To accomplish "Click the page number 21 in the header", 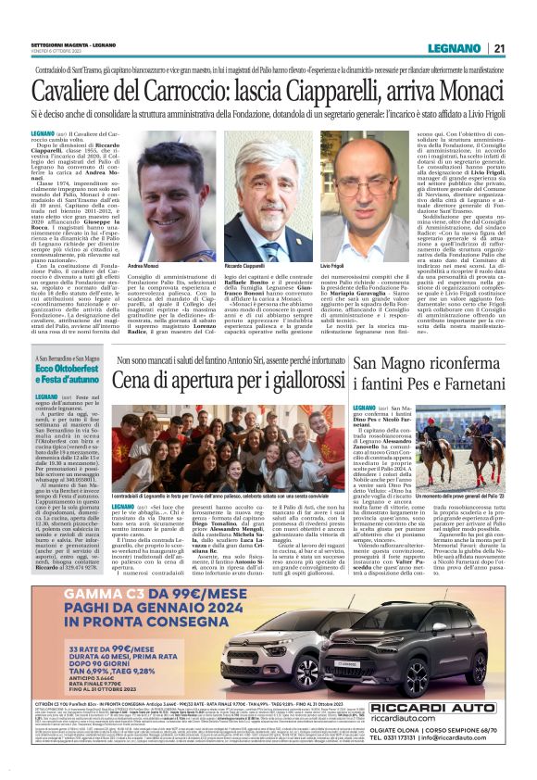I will tap(498, 48).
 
